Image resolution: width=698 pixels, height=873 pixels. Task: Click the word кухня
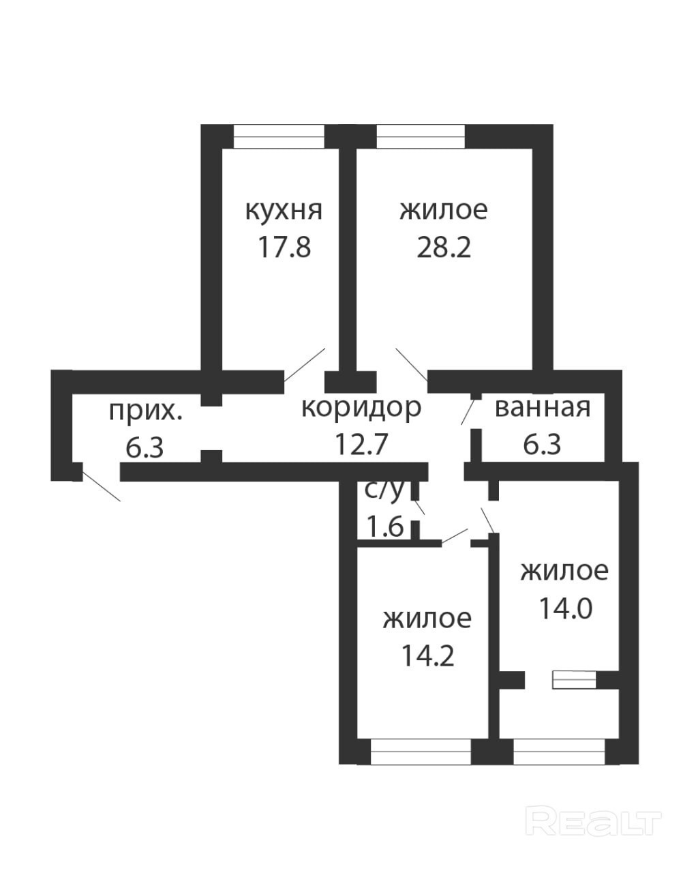[284, 210]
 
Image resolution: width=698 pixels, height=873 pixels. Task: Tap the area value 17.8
[284, 247]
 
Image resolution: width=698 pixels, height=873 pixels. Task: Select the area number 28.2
[444, 247]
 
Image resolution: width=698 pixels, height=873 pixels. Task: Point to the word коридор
[361, 408]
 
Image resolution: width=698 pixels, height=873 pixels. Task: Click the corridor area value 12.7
[361, 444]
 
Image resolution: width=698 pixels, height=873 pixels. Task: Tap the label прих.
[146, 412]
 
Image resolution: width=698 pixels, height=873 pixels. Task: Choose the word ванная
[543, 408]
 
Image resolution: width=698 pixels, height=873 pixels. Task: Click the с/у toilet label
[384, 490]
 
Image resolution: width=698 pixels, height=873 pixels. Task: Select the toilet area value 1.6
[385, 527]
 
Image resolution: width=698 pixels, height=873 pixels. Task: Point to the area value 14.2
[427, 656]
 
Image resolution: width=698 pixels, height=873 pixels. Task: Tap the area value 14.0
[566, 619]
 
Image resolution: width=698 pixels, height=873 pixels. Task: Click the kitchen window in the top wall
[279, 136]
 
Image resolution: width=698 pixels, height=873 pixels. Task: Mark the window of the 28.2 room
[421, 136]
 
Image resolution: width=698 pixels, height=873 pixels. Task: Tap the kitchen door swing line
[304, 364]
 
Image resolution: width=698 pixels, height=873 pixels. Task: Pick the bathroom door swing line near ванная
[468, 412]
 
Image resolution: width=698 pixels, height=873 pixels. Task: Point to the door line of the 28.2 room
[412, 364]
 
